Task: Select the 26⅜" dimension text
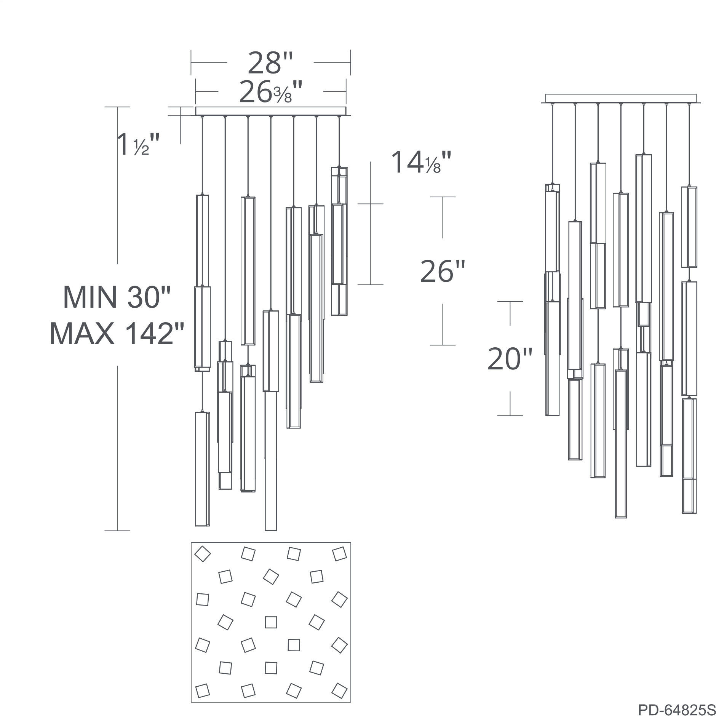[270, 93]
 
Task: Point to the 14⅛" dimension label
[422, 162]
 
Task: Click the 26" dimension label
[443, 271]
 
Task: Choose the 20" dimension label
[510, 359]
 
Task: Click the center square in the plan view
[271, 622]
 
